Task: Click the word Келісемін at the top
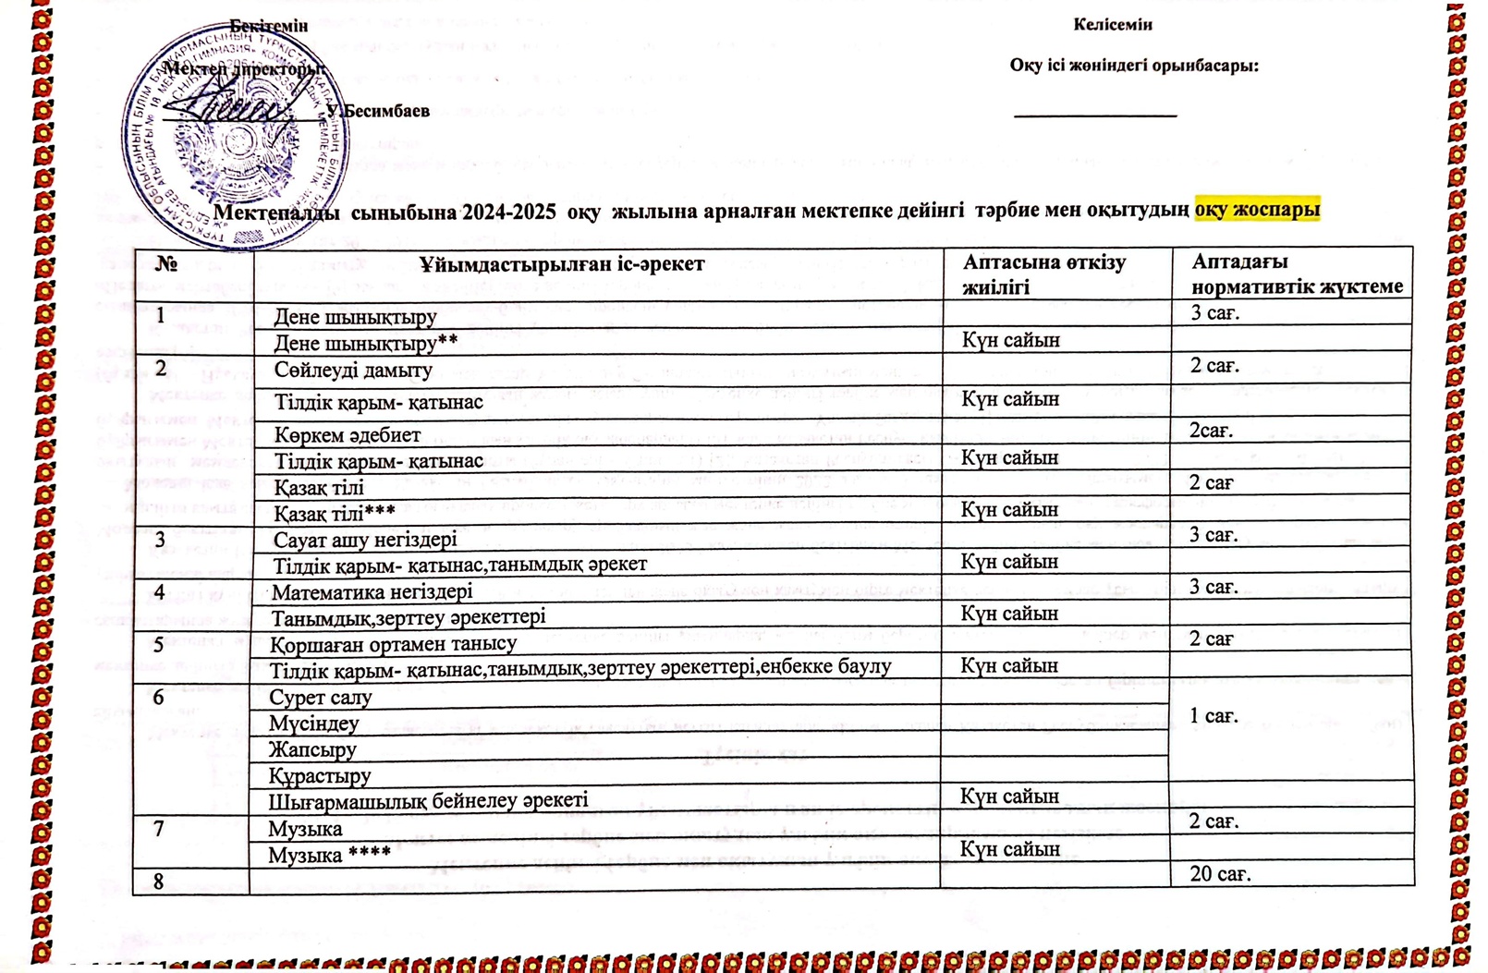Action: point(1112,25)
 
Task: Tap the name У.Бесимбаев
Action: point(378,111)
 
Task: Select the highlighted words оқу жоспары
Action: point(1257,210)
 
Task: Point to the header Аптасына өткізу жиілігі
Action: point(1044,274)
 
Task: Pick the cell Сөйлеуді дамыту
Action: point(353,371)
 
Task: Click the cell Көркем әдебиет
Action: point(348,434)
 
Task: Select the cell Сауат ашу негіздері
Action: point(365,540)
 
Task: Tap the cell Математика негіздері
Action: point(372,591)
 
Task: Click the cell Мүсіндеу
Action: point(313,724)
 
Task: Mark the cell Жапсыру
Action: point(312,749)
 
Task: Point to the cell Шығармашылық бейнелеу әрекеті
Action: point(428,800)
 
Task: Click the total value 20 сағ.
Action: point(1220,874)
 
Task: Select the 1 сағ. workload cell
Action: point(1214,716)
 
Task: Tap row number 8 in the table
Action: point(159,882)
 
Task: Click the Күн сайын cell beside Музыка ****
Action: point(1009,849)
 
